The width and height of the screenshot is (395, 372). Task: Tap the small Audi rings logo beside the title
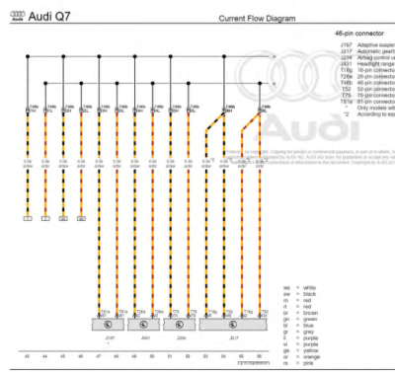pyautogui.click(x=14, y=16)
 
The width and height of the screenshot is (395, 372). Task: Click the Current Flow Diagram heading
pyautogui.click(x=258, y=19)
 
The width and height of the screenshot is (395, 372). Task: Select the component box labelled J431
pyautogui.click(x=145, y=323)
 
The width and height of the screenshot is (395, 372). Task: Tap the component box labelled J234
pyautogui.click(x=181, y=323)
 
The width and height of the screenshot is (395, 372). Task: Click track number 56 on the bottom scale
pyautogui.click(x=260, y=355)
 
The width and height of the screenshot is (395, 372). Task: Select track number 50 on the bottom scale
pyautogui.click(x=152, y=355)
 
